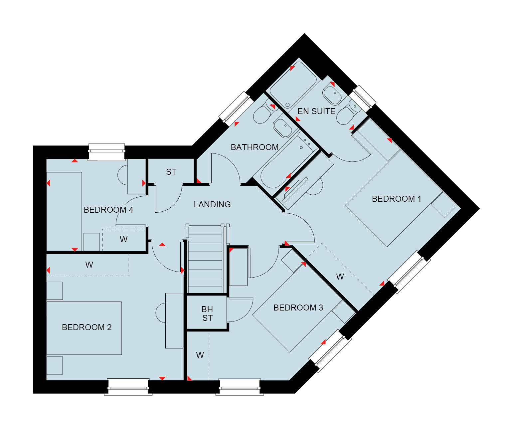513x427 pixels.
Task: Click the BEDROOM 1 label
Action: [396, 199]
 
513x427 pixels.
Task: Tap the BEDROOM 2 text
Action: [87, 327]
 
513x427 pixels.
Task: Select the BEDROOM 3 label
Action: [298, 308]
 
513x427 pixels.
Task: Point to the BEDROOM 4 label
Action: [108, 210]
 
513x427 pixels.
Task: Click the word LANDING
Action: [212, 204]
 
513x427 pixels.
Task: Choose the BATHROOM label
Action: [255, 147]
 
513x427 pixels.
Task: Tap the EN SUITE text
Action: [316, 111]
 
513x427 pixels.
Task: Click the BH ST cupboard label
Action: [207, 314]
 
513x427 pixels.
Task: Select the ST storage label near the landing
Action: [171, 172]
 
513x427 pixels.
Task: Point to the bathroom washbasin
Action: [282, 128]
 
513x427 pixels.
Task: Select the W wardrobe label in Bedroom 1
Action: [340, 277]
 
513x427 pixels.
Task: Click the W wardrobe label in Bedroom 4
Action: [123, 239]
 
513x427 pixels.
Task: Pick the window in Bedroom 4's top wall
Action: [107, 152]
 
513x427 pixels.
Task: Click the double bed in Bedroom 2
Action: [84, 328]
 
